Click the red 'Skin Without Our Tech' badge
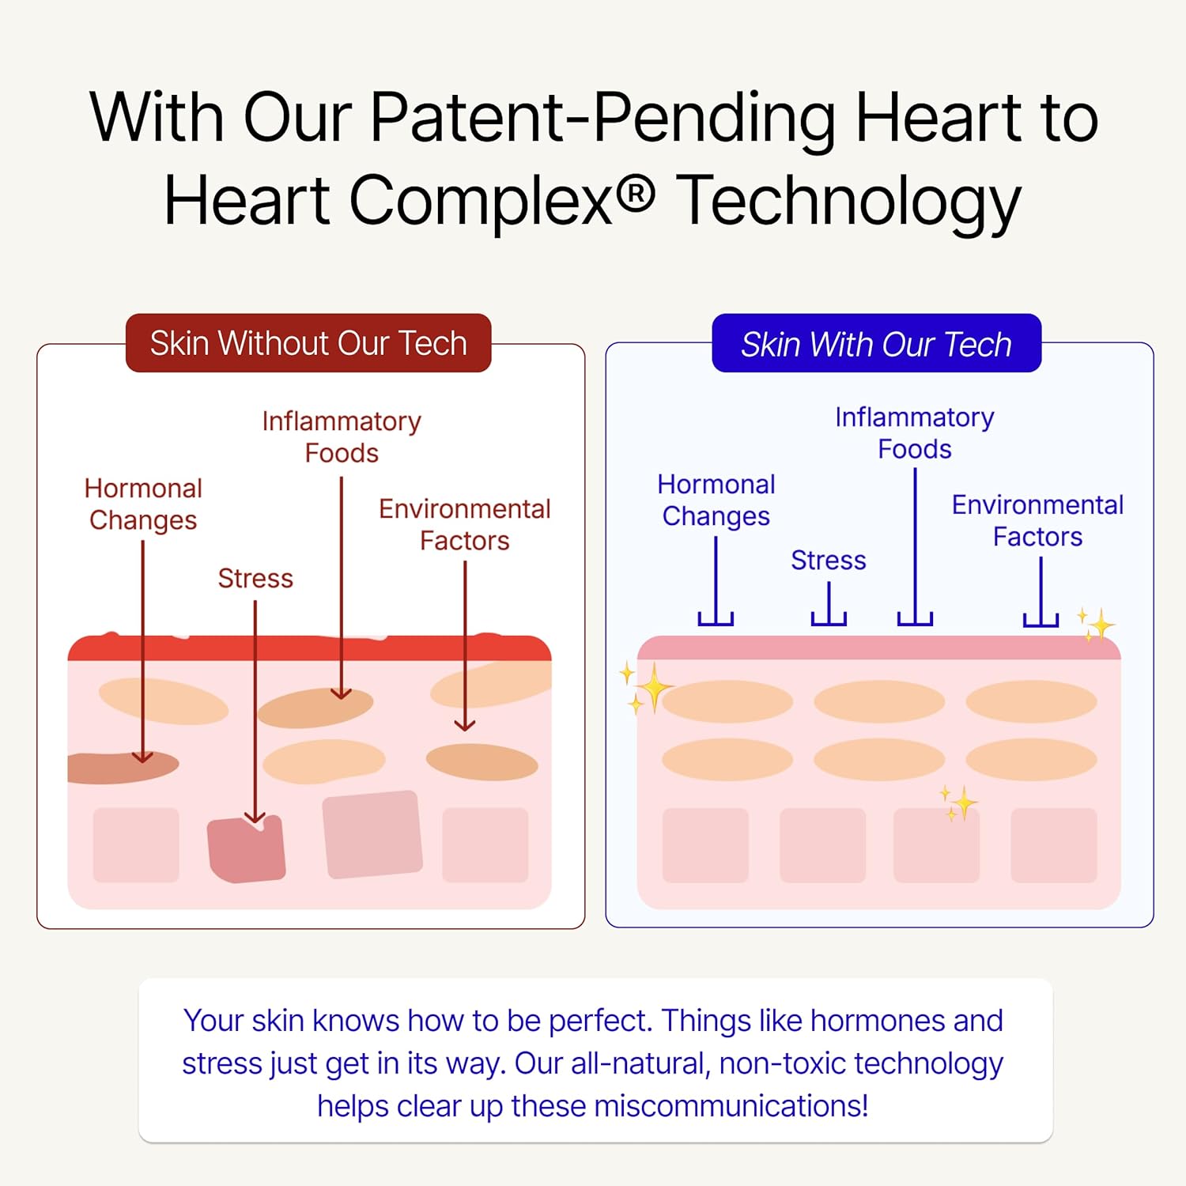(x=308, y=343)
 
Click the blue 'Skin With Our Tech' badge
(x=876, y=343)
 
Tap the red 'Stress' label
(x=255, y=578)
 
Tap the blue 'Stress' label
(x=829, y=560)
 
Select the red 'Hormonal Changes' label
(x=143, y=504)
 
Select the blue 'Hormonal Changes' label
(x=716, y=500)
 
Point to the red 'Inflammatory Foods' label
(x=342, y=437)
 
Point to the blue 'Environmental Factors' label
(x=1037, y=520)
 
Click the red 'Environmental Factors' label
(x=465, y=524)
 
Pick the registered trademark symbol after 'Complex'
(x=635, y=195)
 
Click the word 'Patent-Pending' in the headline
(x=602, y=119)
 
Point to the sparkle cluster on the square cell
(x=959, y=803)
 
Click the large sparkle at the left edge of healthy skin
(x=647, y=688)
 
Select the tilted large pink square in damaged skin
(x=372, y=834)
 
